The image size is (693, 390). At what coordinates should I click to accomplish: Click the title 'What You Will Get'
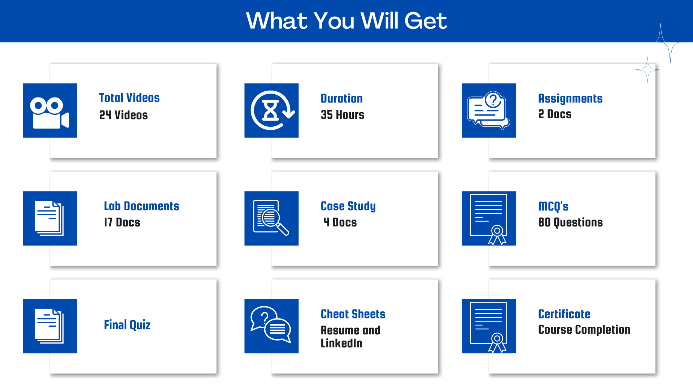(346, 21)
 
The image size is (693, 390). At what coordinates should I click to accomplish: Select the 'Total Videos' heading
(129, 98)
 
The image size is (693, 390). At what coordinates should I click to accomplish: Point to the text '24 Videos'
(123, 115)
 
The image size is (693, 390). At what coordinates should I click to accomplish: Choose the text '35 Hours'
(343, 115)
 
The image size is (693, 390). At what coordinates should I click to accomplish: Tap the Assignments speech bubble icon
(489, 110)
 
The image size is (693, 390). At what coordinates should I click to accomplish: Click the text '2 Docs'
(555, 114)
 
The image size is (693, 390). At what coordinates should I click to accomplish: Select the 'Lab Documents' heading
(141, 206)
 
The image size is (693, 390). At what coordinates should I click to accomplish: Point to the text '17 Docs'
(122, 222)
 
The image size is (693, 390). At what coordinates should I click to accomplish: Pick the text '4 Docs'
(340, 222)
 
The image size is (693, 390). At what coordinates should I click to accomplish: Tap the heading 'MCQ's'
(553, 206)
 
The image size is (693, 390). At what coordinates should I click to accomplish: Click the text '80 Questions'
(571, 222)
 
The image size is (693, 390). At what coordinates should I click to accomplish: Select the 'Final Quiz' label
(127, 325)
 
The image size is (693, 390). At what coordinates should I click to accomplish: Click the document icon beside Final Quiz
(49, 326)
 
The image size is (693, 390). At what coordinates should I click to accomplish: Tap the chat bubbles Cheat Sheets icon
(271, 325)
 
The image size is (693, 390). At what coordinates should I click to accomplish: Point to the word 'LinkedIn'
(341, 343)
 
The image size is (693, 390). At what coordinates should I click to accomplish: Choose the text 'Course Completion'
(584, 330)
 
